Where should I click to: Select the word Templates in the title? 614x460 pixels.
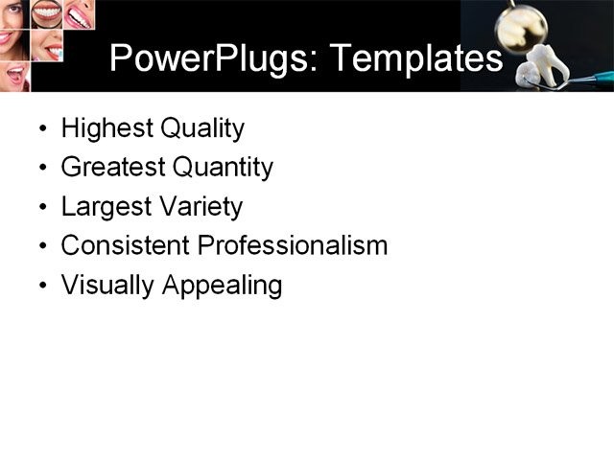pos(415,59)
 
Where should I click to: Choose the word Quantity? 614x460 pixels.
pos(223,168)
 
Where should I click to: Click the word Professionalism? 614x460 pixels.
pos(292,245)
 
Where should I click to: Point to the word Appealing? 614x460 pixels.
pos(222,286)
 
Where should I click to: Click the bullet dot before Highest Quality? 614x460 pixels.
pos(42,129)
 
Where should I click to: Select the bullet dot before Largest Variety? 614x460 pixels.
pos(42,208)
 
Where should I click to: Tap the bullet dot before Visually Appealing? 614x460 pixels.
pos(42,287)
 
